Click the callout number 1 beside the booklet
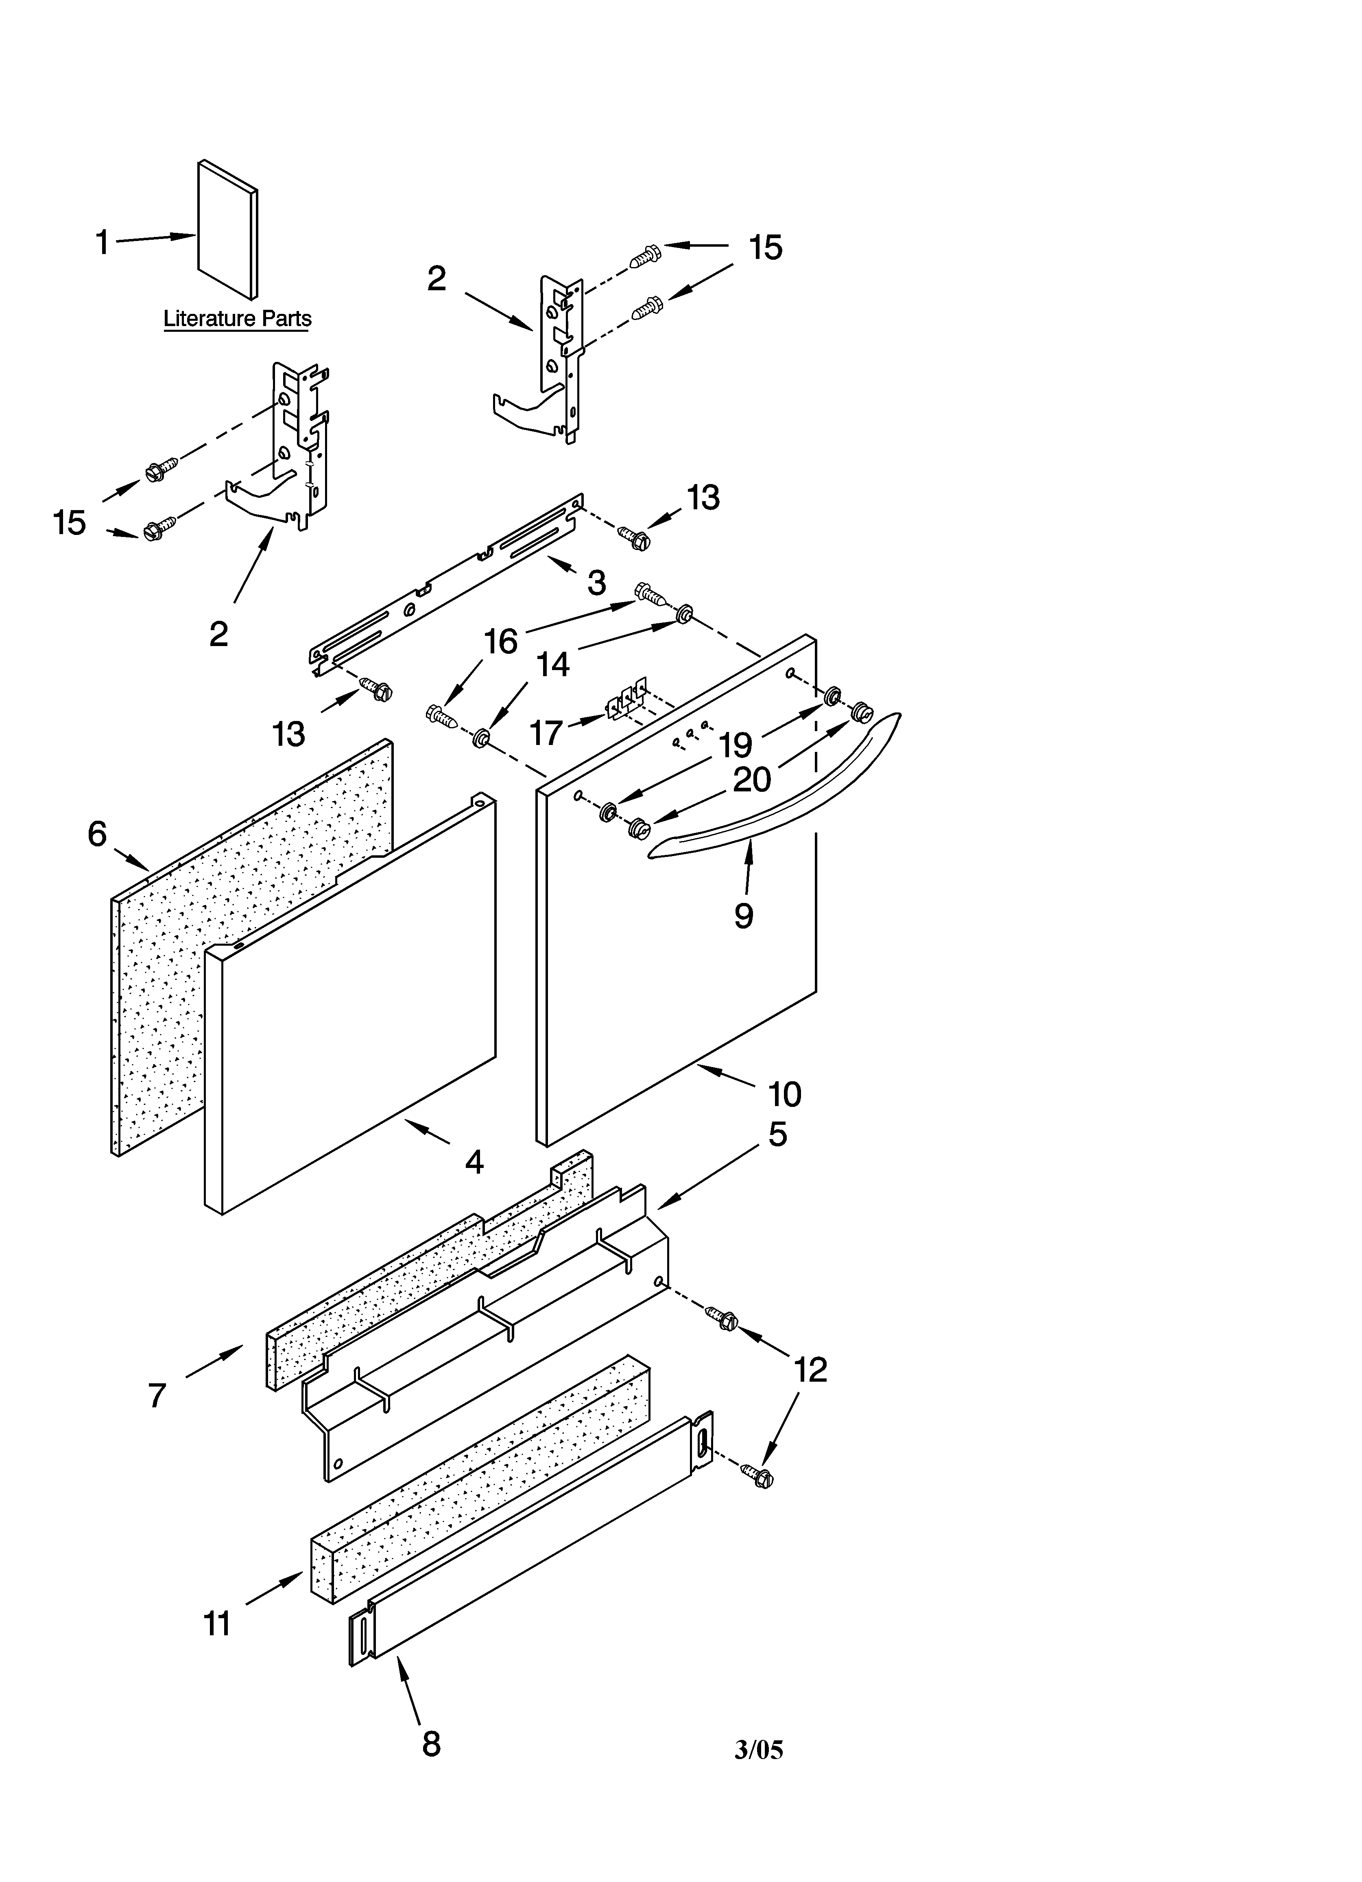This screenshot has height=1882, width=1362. (102, 243)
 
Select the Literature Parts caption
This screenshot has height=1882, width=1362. (237, 319)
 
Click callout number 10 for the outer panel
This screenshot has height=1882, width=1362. (784, 1095)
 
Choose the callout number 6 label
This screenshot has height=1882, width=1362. (97, 834)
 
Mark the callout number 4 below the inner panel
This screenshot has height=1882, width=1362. (474, 1162)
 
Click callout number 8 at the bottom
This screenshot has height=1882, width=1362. (430, 1743)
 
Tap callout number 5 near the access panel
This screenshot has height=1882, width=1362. (777, 1134)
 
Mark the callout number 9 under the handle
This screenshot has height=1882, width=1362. (743, 915)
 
